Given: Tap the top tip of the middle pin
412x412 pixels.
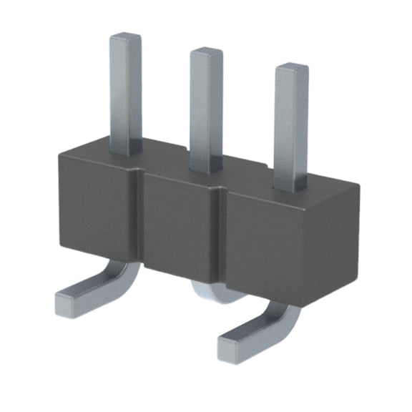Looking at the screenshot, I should (x=206, y=52).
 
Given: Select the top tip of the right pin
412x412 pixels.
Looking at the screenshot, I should (x=292, y=69).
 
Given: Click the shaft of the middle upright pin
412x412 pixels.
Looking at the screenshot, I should (x=206, y=107).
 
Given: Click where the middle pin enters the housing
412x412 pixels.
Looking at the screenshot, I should (x=206, y=169).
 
